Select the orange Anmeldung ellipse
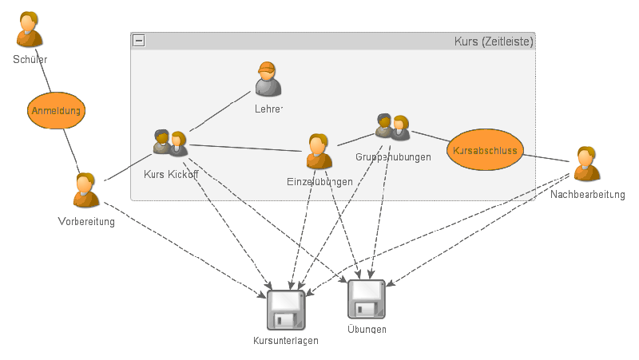pos(56,111)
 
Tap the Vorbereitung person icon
pos(86,191)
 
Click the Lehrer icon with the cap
pos(268,79)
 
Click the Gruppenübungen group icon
pos(392,128)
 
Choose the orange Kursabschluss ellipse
pos(485,150)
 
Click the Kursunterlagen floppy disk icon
pos(286,311)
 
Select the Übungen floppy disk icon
pos(367,299)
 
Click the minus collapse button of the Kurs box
pos(139,41)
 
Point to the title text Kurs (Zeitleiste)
pos(493,41)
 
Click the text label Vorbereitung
pos(86,222)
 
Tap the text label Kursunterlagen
pos(286,341)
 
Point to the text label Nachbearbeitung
pos(587,195)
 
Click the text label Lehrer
pos(269,109)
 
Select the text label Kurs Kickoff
pos(171,174)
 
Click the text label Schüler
pos(30,60)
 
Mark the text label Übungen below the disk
pos(367,330)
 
